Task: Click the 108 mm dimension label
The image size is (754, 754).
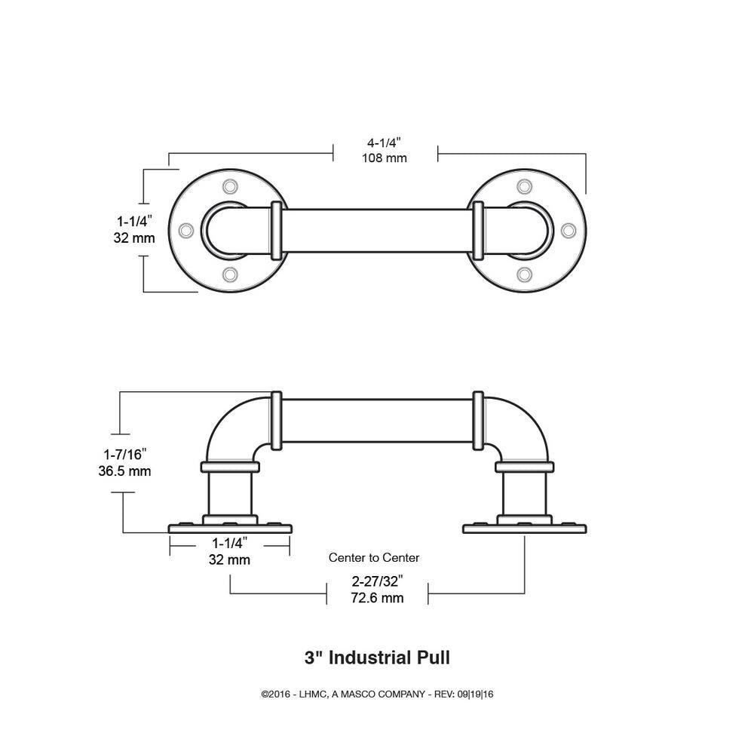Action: point(385,158)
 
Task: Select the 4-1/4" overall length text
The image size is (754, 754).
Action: point(385,142)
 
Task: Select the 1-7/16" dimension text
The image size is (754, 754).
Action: point(125,454)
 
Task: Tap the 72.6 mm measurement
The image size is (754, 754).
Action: point(377,598)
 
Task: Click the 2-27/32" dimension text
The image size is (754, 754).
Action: point(377,581)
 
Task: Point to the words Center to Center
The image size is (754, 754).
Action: point(374,558)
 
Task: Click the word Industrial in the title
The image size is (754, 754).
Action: point(370,657)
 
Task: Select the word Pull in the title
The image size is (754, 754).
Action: point(434,657)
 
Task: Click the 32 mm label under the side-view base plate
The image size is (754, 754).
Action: point(230,560)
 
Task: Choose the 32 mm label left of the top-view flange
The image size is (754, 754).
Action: point(134,238)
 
